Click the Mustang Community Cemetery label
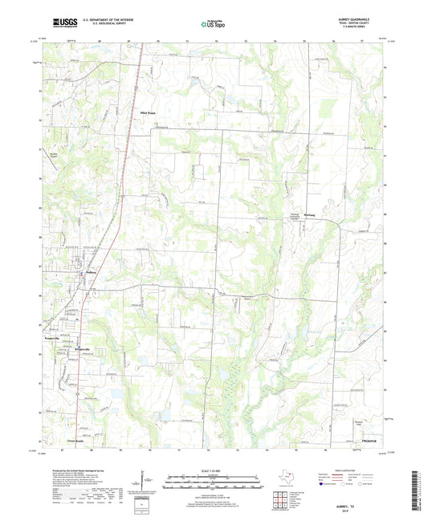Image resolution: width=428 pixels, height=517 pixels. [x=295, y=218]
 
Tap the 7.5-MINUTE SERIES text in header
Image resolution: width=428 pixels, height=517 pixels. [x=371, y=30]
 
